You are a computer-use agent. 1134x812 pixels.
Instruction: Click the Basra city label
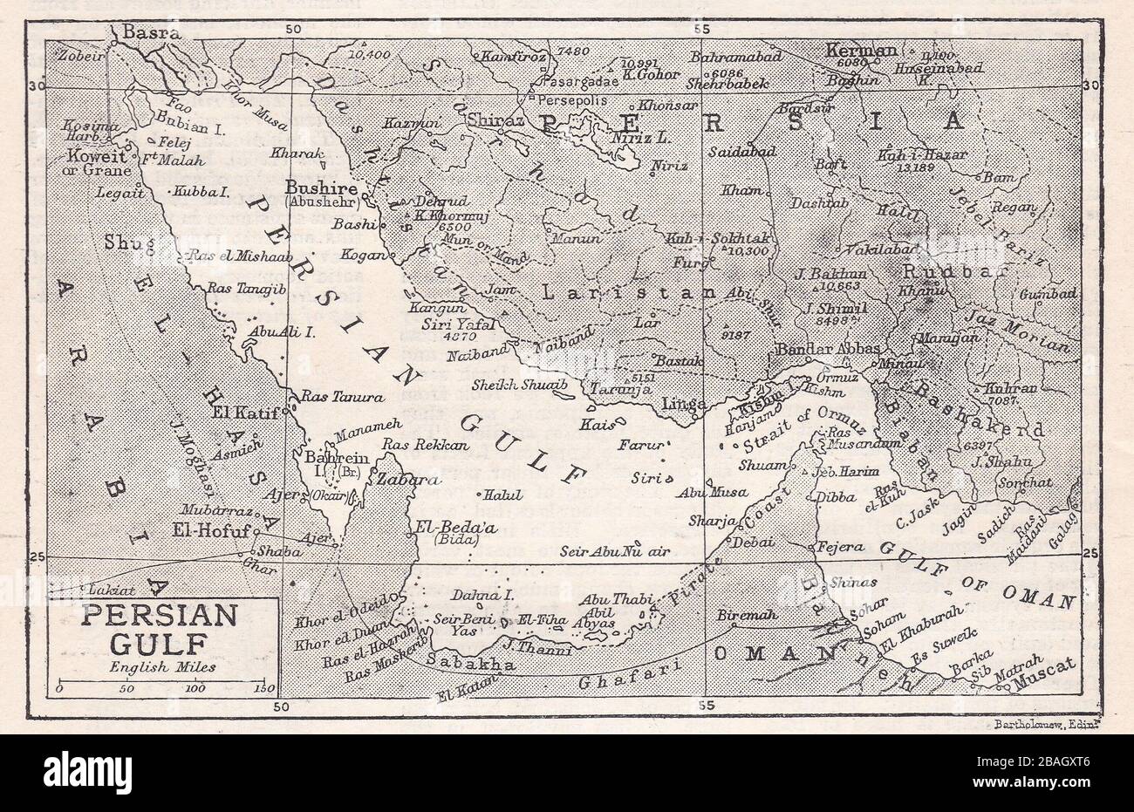151,34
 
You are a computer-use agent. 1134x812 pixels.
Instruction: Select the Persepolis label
576,100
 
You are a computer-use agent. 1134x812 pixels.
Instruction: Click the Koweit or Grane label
90,164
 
